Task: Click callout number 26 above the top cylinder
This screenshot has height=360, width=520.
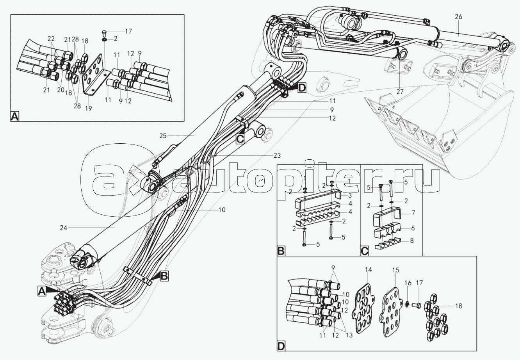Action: (x=458, y=17)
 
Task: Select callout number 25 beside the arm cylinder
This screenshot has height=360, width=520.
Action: (x=164, y=136)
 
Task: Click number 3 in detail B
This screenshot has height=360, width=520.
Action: (x=350, y=195)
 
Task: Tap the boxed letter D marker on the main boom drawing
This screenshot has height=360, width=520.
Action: (x=301, y=88)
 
